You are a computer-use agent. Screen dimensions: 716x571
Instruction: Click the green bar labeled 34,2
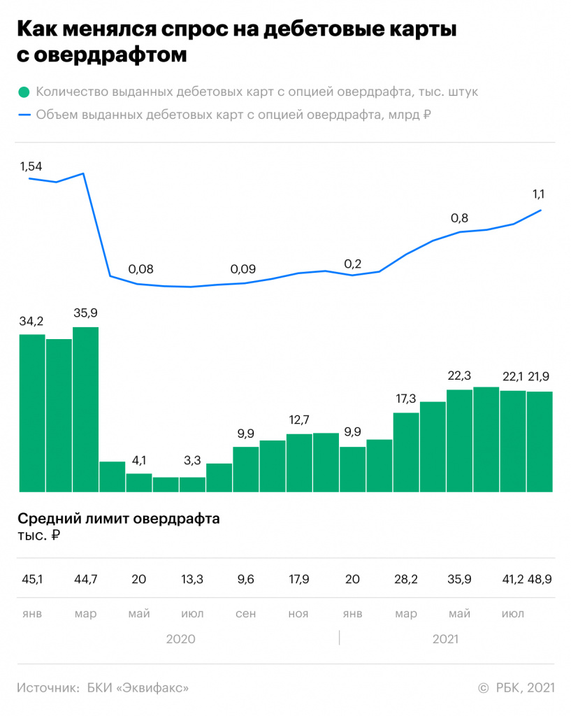(x=32, y=413)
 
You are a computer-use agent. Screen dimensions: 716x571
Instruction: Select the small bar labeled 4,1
(x=139, y=482)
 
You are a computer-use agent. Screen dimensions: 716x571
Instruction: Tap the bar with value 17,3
(x=406, y=452)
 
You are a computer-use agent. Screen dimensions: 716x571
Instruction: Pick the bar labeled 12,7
(x=299, y=462)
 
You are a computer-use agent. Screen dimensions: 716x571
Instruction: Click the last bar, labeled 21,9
(x=540, y=441)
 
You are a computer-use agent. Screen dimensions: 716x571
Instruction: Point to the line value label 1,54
(x=31, y=166)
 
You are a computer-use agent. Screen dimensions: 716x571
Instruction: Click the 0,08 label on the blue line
(x=140, y=269)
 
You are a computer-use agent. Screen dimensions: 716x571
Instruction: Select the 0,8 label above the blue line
(x=459, y=217)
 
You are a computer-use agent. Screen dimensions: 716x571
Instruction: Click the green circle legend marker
(x=24, y=92)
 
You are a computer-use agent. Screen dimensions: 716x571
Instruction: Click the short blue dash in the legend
(x=24, y=115)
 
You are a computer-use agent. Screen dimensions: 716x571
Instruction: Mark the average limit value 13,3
(x=192, y=579)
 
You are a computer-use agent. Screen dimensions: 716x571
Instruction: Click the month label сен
(x=245, y=614)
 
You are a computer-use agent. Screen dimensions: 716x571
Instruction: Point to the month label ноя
(x=298, y=614)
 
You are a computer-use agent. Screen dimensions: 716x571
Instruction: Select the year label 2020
(x=180, y=639)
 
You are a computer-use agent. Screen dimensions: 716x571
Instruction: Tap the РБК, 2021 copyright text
(x=524, y=688)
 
